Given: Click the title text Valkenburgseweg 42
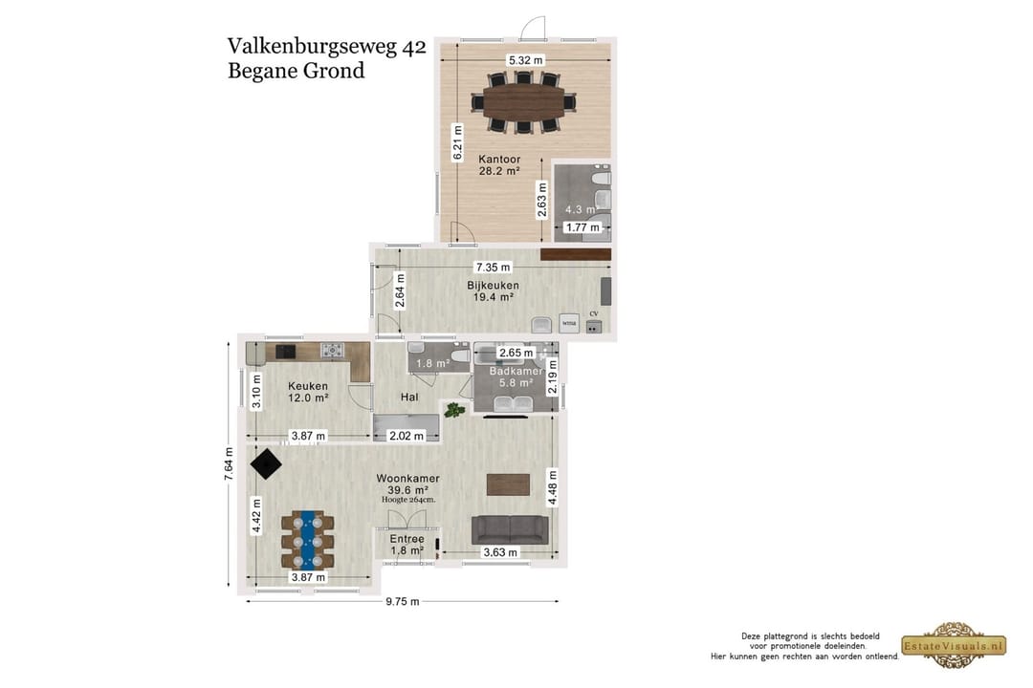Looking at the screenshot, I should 326,47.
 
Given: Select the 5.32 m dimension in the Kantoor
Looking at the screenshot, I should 525,60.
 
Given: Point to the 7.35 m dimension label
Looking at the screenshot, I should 493,267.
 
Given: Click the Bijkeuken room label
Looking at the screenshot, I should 493,285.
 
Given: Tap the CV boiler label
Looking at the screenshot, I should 593,314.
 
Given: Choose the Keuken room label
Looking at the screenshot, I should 308,386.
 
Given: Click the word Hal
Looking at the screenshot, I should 409,396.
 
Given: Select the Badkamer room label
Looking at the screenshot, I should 516,371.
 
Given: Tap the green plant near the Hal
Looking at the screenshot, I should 454,411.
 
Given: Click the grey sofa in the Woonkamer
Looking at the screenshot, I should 510,529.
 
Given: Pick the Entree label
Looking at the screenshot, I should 407,540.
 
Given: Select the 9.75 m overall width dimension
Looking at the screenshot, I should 402,602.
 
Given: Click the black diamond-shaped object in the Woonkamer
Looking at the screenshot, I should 266,465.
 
